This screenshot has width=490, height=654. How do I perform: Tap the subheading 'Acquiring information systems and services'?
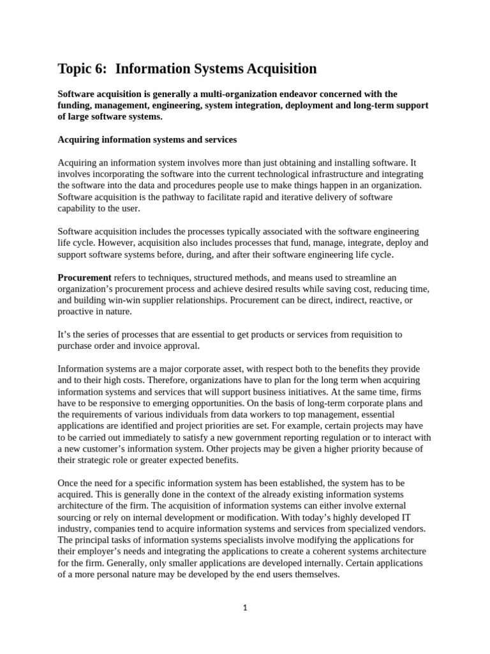[x=147, y=139]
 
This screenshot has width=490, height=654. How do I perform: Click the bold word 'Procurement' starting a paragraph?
[x=84, y=277]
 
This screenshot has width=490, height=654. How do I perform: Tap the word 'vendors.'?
[x=407, y=529]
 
